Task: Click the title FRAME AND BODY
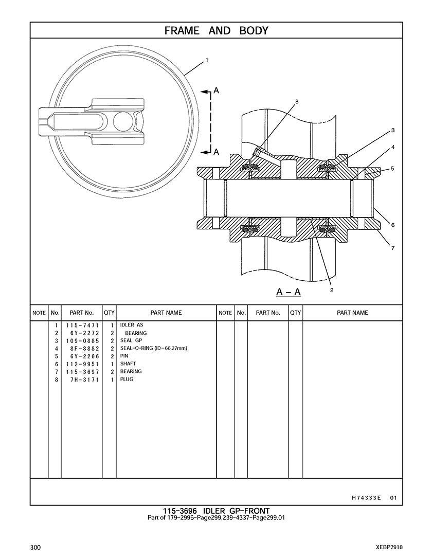point(216,31)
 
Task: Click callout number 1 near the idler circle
point(207,60)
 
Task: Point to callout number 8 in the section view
point(297,102)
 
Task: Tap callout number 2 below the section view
point(332,290)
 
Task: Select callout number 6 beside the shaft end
point(393,225)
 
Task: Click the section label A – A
point(288,293)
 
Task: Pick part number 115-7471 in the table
point(82,326)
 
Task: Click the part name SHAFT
point(128,364)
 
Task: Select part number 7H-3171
point(82,379)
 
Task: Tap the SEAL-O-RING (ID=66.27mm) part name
point(153,348)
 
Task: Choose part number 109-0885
point(82,340)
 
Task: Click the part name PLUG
point(127,379)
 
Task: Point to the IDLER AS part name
point(132,326)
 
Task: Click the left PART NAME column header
point(166,313)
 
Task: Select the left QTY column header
point(109,313)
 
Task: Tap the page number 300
point(35,547)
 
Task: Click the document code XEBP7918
point(389,547)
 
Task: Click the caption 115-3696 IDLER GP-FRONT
point(216,511)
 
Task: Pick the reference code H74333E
point(366,497)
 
